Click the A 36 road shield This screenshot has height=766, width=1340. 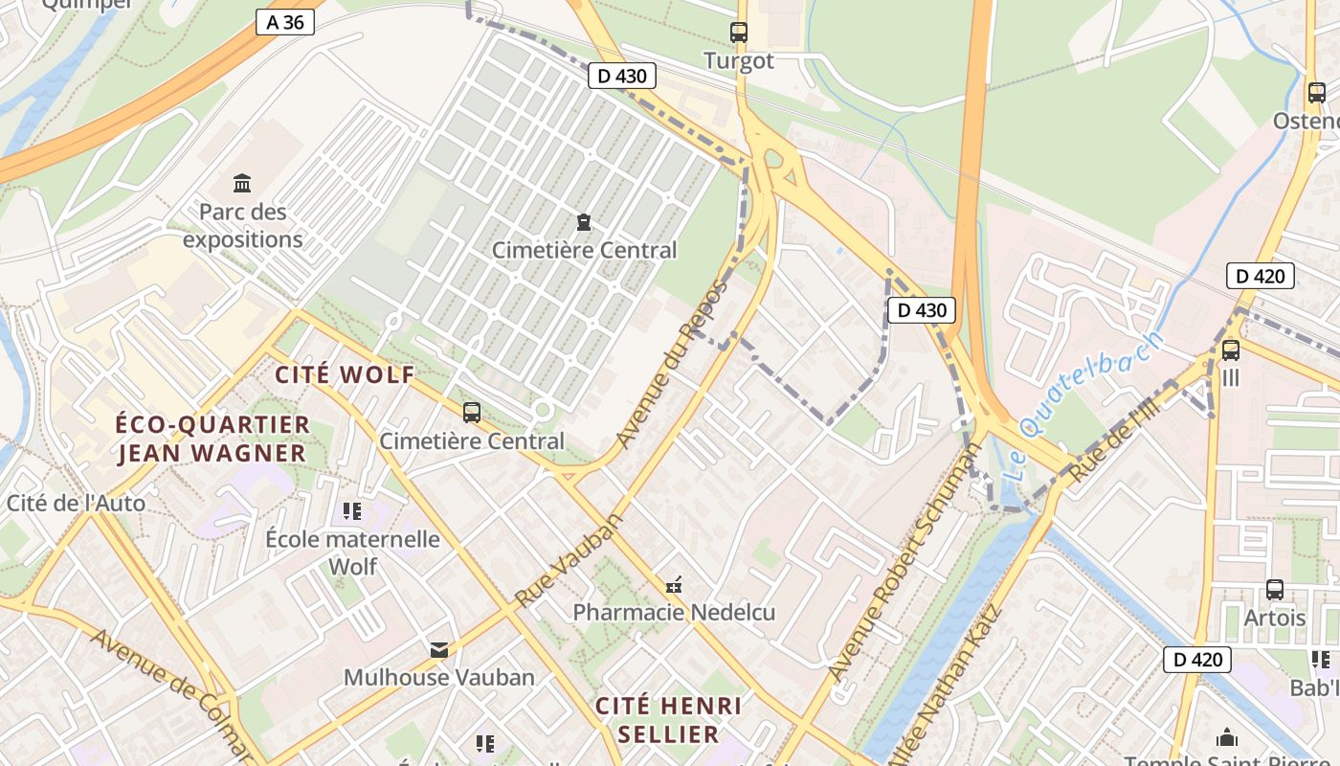point(285,22)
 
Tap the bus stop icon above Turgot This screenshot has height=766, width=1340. point(738,32)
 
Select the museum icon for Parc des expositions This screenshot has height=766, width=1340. point(242,182)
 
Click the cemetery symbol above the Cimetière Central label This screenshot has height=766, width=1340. point(583,222)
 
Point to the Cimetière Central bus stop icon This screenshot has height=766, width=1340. point(471,413)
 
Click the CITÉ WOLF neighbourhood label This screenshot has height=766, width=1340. point(346,374)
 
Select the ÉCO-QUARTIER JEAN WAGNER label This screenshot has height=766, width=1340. point(212,438)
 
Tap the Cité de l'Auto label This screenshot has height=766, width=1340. point(76,503)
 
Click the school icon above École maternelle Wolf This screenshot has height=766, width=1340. point(352,511)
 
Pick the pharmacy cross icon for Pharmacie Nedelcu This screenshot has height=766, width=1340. point(674,584)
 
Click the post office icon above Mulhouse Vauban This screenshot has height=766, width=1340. point(438,650)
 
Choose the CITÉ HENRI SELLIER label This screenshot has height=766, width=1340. point(668,720)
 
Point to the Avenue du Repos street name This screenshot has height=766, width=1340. point(672,364)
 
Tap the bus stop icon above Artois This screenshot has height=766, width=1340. point(1274,590)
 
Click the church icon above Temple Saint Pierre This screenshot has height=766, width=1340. point(1226,737)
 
